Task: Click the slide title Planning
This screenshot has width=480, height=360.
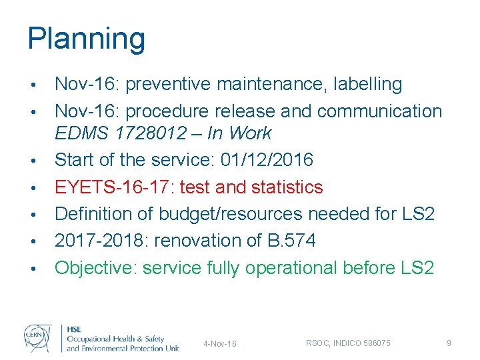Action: coord(86,39)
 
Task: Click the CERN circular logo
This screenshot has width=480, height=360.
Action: coord(38,337)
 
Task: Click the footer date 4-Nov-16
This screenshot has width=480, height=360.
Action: coord(220,343)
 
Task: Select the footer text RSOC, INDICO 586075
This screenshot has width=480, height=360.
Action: coord(349,343)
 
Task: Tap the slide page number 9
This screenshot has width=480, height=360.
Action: coord(449,343)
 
